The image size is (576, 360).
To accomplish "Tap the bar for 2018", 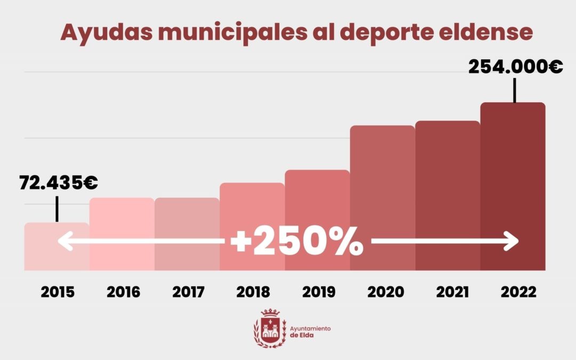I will [252, 208].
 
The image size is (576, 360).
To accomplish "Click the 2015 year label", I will [58, 292].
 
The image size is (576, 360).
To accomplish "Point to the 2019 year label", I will [318, 292].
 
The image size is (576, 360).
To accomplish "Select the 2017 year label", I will [188, 292].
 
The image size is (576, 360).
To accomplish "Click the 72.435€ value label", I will [59, 183].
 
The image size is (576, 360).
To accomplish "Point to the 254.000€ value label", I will [515, 67].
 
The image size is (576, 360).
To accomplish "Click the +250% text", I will [297, 243].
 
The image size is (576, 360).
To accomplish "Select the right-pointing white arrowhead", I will [511, 242].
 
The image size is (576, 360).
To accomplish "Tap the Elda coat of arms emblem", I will [270, 327].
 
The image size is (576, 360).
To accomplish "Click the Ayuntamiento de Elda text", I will [310, 332].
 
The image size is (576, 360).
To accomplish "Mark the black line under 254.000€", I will [515, 90].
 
